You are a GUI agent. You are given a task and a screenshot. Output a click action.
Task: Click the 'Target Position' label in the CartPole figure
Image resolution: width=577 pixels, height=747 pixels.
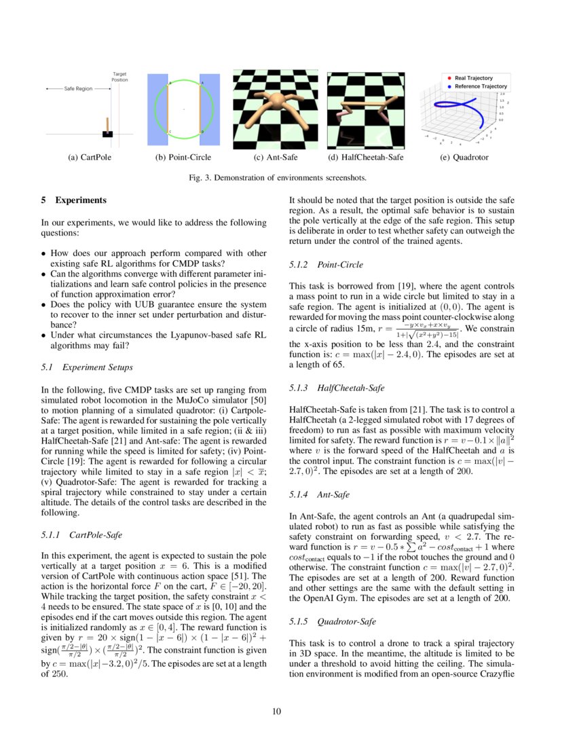pos(119,77)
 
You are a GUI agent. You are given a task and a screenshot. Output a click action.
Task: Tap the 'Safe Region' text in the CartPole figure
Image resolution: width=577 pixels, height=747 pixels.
pos(78,89)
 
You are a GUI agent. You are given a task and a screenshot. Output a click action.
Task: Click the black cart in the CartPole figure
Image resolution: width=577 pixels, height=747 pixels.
pos(107,133)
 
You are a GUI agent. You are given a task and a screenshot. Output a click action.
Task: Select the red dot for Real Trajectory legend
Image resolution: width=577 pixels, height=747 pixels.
pos(449,78)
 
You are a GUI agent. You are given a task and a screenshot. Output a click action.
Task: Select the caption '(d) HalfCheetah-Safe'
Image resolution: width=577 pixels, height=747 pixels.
pos(365,158)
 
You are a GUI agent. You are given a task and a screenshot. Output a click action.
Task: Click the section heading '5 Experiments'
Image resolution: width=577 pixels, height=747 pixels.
pos(73,200)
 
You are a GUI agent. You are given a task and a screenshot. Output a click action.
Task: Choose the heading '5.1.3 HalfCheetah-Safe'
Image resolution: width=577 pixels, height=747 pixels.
pos(337,388)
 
